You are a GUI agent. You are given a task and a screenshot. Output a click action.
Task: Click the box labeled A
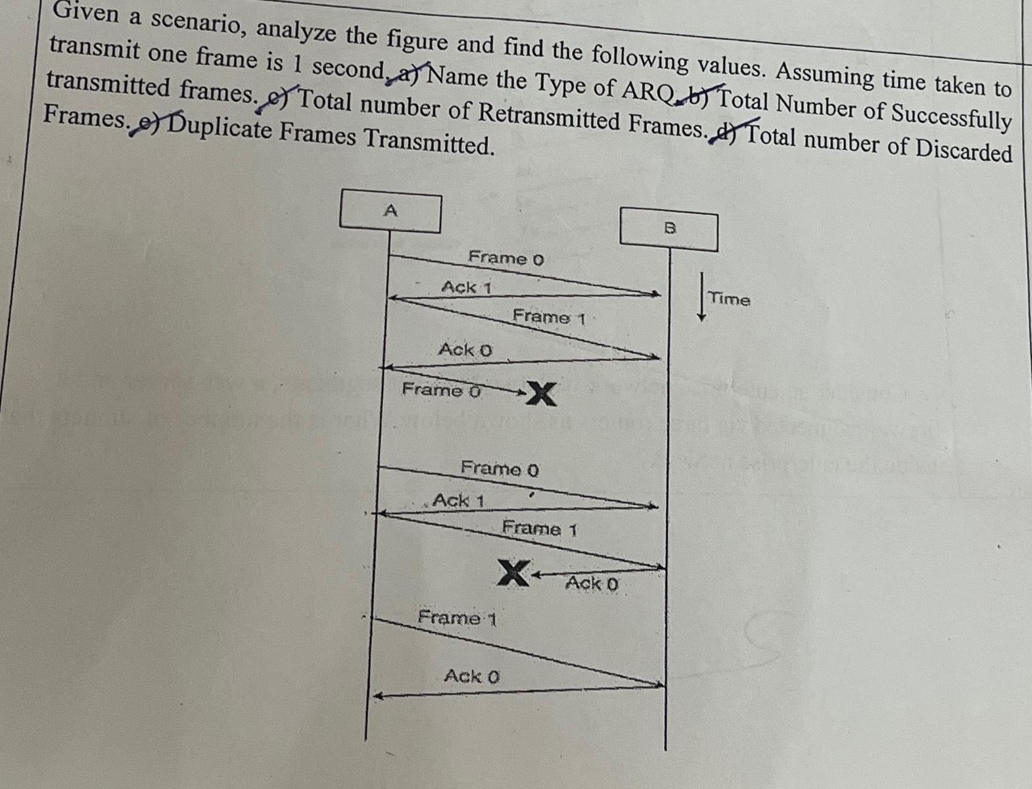click(x=390, y=212)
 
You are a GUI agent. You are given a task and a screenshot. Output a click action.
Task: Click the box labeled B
click(x=669, y=229)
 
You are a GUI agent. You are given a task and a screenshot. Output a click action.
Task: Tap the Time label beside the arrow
click(x=729, y=299)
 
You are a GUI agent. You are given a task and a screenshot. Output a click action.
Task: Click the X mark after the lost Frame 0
click(x=541, y=394)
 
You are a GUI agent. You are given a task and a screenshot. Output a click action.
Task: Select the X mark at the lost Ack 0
click(x=513, y=573)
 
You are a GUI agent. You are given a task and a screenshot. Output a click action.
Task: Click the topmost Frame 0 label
click(x=506, y=258)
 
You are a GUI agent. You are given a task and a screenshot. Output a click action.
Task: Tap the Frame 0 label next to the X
click(x=441, y=390)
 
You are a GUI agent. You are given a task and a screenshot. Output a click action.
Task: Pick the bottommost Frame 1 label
click(x=457, y=618)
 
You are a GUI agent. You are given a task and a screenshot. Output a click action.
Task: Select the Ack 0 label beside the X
click(x=592, y=583)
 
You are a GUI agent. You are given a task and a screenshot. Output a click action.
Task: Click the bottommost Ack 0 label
click(x=471, y=675)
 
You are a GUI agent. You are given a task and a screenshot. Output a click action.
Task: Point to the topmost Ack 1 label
click(x=467, y=287)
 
